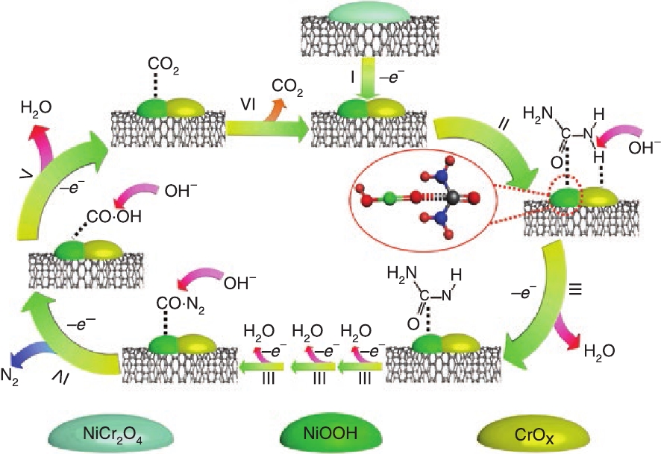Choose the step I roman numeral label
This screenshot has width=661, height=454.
pos(346,76)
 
